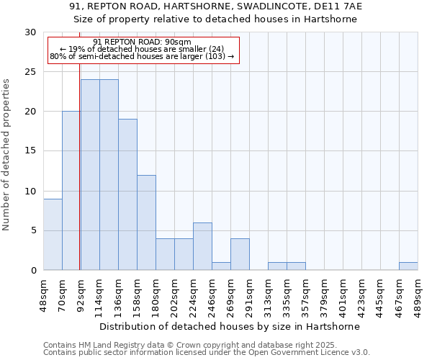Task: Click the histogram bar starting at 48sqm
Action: point(53,234)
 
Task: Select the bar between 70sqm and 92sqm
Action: point(71,191)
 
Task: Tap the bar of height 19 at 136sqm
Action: point(127,194)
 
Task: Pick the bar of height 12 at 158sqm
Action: point(146,222)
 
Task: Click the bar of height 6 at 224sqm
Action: point(202,246)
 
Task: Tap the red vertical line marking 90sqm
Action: point(79,180)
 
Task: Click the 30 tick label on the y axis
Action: point(30,32)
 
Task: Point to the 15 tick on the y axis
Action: point(30,151)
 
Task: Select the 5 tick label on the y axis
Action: point(32,230)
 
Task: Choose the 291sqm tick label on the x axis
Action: point(250,294)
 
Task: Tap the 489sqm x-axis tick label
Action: point(418,294)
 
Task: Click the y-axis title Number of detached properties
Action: point(6,155)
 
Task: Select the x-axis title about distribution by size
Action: point(230,326)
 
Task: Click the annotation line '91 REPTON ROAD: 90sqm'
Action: point(143,42)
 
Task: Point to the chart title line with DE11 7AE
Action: point(216,6)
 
